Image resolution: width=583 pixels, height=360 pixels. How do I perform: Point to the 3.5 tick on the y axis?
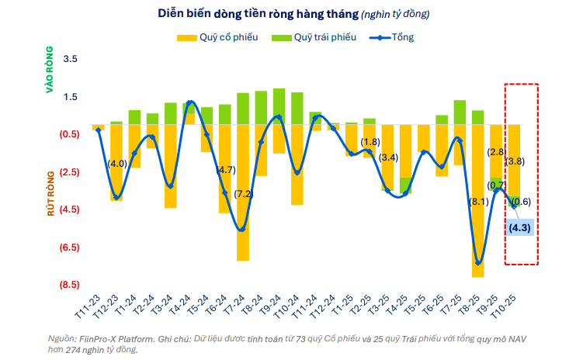point(71,59)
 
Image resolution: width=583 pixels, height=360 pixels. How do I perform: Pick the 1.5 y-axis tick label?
point(71,97)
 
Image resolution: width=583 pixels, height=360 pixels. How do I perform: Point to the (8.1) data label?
point(479,202)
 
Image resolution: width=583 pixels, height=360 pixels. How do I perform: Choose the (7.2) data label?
point(244,194)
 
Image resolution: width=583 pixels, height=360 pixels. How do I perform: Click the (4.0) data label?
point(117,164)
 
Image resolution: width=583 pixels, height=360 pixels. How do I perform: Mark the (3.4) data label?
point(389,158)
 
